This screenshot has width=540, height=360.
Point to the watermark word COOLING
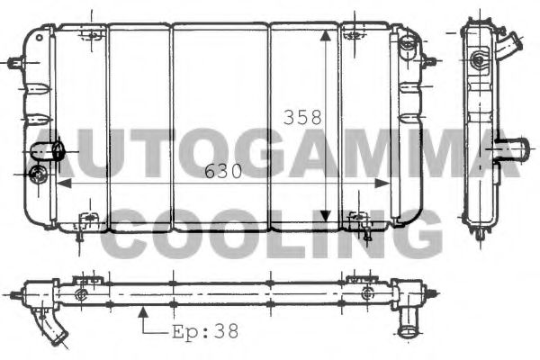point(270,232)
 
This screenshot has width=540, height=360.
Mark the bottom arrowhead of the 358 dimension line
point(325,216)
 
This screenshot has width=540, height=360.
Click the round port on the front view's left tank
point(38,174)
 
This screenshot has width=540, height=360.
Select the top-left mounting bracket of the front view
point(90,34)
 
